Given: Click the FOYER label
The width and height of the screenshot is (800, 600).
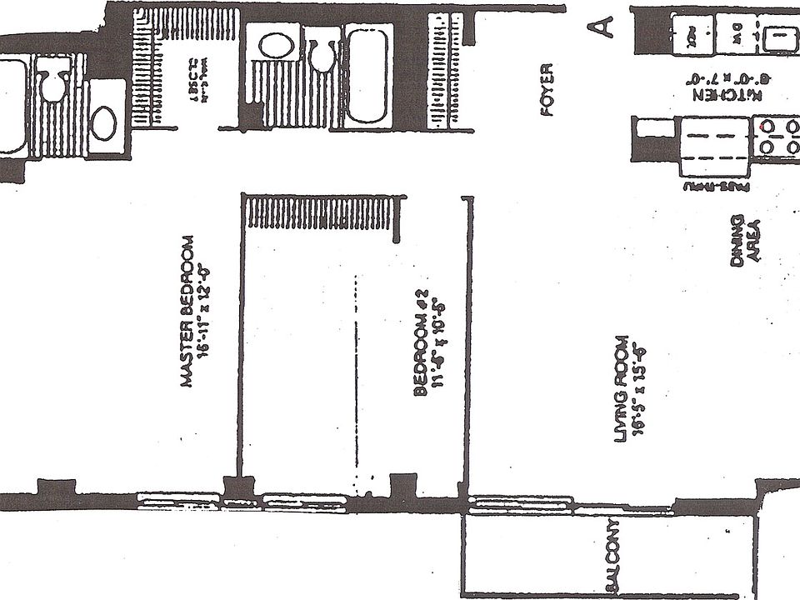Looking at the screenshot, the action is click(547, 91).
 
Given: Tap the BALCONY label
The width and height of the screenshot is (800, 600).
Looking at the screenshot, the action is click(612, 559).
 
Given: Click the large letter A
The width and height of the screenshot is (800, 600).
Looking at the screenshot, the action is click(602, 26).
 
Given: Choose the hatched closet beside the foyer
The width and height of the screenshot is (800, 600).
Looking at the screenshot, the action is click(437, 71).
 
